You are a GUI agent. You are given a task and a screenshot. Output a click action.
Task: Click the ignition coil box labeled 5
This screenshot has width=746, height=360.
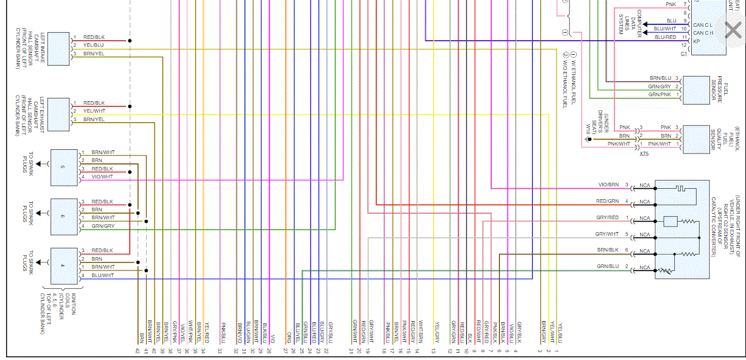(x=63, y=167)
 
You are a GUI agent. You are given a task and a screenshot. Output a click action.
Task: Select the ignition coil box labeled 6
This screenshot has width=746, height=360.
(x=63, y=215)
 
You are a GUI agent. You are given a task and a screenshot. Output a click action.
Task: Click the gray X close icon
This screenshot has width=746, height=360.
(x=733, y=30)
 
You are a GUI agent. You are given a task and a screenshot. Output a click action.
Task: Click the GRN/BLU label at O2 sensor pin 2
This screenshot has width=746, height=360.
(x=608, y=267)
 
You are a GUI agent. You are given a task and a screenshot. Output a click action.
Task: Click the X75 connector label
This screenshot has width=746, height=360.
(x=644, y=154)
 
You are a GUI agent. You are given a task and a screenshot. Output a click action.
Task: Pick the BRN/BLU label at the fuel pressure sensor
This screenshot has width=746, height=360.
(x=661, y=78)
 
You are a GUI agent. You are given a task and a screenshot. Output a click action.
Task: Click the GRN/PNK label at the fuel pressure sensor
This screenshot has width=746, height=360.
(x=660, y=94)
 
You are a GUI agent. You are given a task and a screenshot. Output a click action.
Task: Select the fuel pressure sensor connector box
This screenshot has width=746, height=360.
(x=697, y=90)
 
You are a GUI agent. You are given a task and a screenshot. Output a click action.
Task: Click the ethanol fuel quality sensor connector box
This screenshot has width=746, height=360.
(x=697, y=139)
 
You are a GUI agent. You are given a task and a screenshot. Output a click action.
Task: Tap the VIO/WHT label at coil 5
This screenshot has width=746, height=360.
(x=102, y=177)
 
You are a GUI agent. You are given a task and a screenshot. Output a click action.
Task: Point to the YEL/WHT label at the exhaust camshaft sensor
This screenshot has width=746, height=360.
(x=94, y=111)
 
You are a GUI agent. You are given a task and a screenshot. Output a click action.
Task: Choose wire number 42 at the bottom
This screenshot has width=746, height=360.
(x=138, y=350)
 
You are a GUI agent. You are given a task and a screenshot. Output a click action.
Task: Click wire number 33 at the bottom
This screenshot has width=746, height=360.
(x=219, y=350)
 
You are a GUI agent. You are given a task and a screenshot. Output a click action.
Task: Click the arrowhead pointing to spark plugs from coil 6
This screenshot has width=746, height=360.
(x=39, y=213)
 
